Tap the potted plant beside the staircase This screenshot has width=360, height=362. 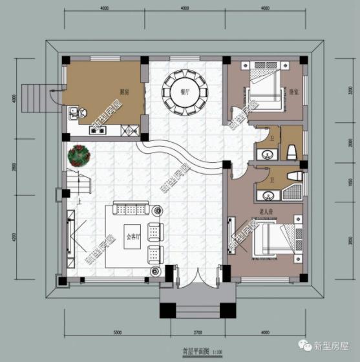click(x=80, y=155)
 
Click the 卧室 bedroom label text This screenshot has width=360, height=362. click(x=293, y=91)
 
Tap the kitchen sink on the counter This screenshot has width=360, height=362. click(x=75, y=115)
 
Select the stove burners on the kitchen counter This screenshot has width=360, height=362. click(x=98, y=131)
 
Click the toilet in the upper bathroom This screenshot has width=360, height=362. click(x=291, y=151)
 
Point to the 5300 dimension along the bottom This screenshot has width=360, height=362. click(x=117, y=332)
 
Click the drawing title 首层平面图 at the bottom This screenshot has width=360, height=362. click(x=194, y=352)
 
